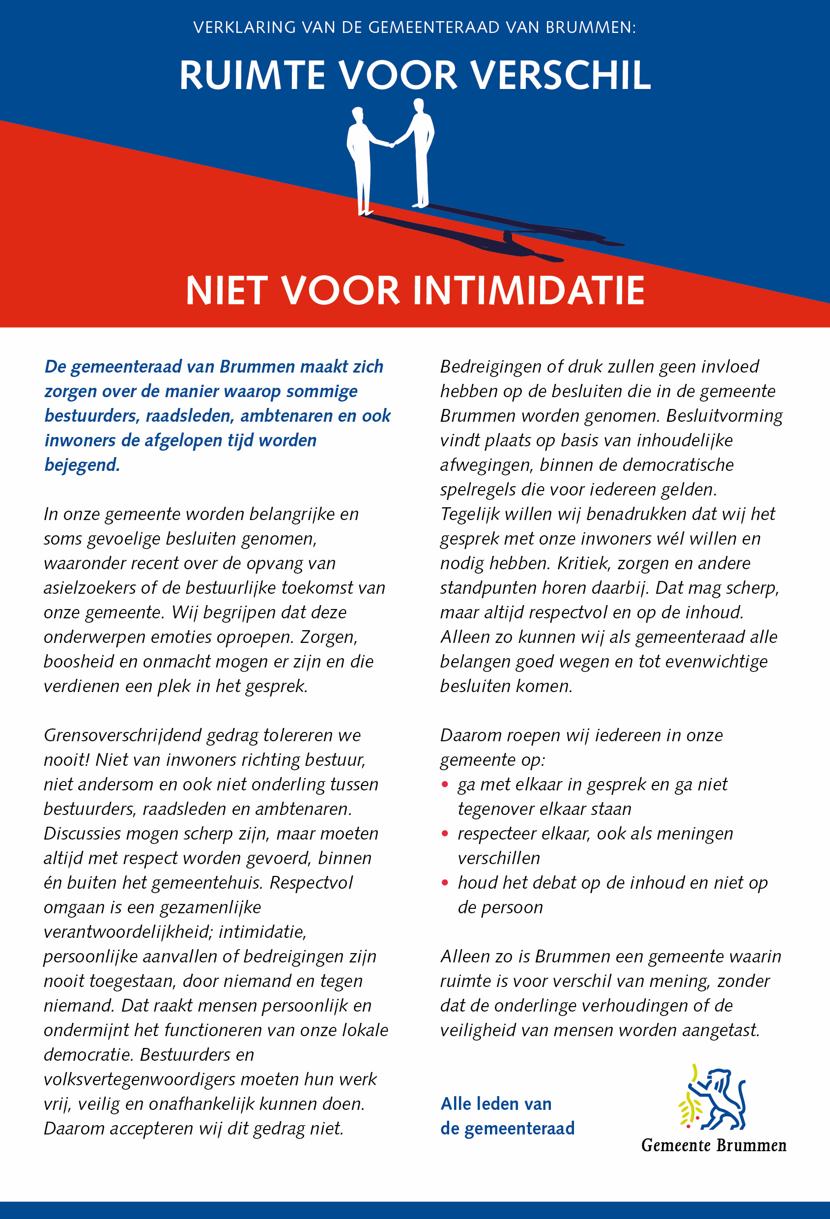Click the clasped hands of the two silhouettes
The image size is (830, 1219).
coord(391,144)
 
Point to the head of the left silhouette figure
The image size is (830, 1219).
coord(358,114)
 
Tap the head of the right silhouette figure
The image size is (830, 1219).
coord(419,105)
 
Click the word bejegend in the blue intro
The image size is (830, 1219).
coord(82,465)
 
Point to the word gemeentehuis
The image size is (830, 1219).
coord(209,883)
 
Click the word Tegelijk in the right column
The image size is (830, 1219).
coord(470,514)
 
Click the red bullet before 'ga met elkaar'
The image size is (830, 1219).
coord(445,784)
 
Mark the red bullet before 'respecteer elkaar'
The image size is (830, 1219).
coord(445,834)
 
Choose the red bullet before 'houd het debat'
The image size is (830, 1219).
coord(445,883)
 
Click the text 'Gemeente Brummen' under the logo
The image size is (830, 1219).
coord(714,1146)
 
